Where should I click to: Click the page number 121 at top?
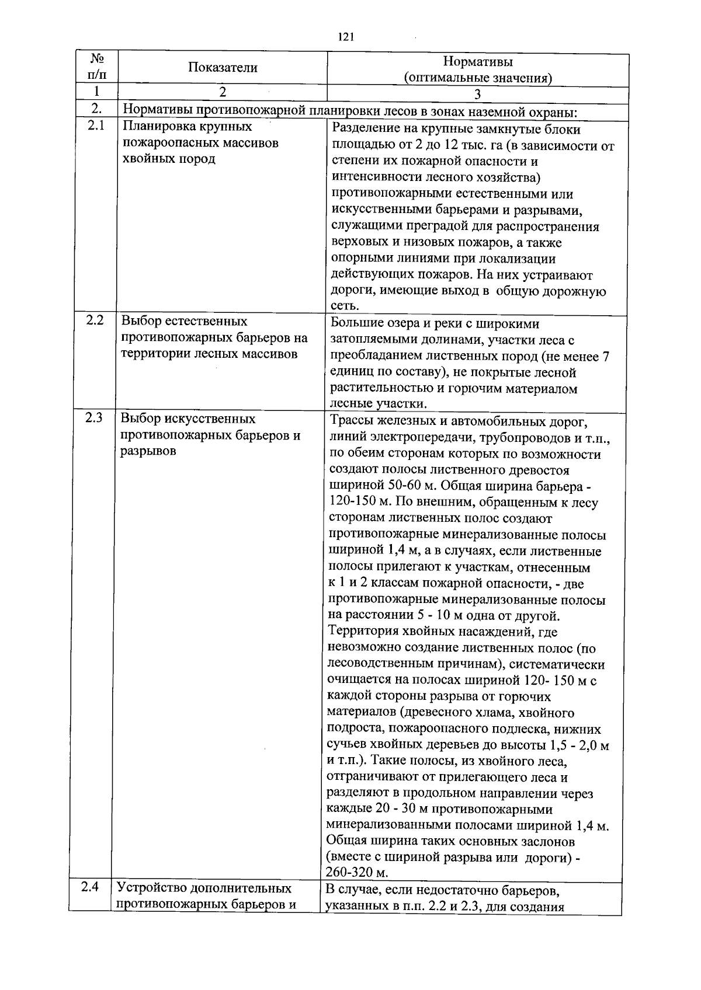click(346, 37)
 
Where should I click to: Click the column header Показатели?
click(223, 68)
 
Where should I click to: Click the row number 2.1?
click(96, 127)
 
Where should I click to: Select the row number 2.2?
click(95, 320)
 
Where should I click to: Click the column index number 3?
click(477, 94)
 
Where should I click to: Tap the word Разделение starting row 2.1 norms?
click(366, 129)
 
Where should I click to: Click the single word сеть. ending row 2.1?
click(345, 306)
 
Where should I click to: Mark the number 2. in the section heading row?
click(97, 109)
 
